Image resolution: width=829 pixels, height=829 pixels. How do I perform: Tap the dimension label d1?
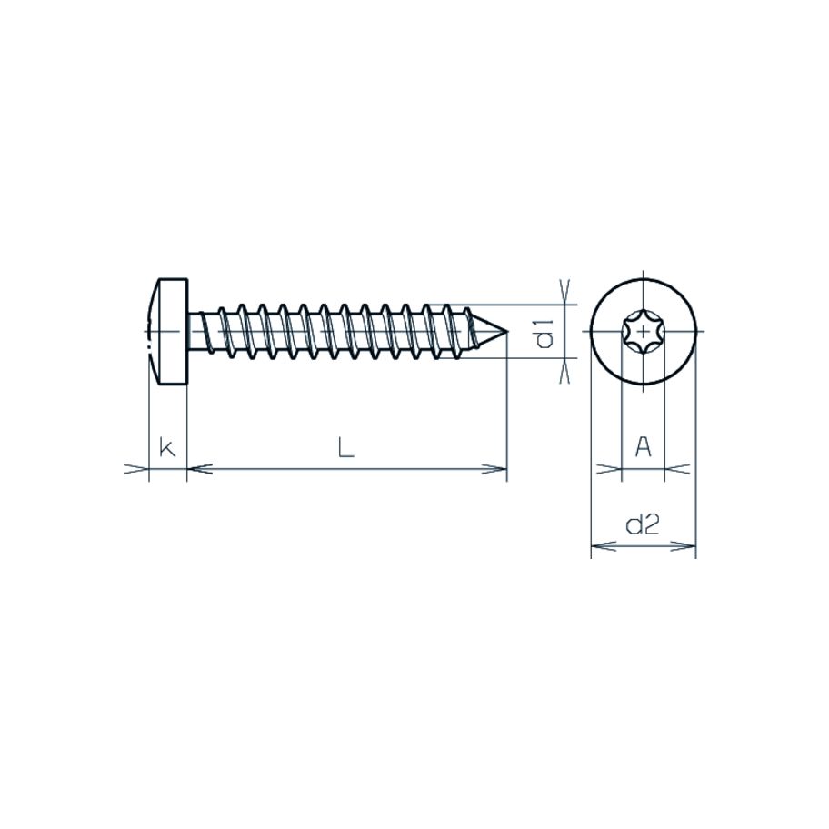coord(544,334)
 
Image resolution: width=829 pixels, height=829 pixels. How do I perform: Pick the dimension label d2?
coord(643,524)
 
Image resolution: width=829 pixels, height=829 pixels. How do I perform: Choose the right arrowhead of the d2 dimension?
coord(685,547)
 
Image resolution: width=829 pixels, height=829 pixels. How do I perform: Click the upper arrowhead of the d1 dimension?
coord(565,295)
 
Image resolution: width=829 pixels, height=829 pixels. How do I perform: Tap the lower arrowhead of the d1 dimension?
coord(565,371)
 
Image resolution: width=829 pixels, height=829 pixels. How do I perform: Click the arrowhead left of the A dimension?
coord(611,469)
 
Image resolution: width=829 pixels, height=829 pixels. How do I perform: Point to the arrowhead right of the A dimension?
coord(675,469)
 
